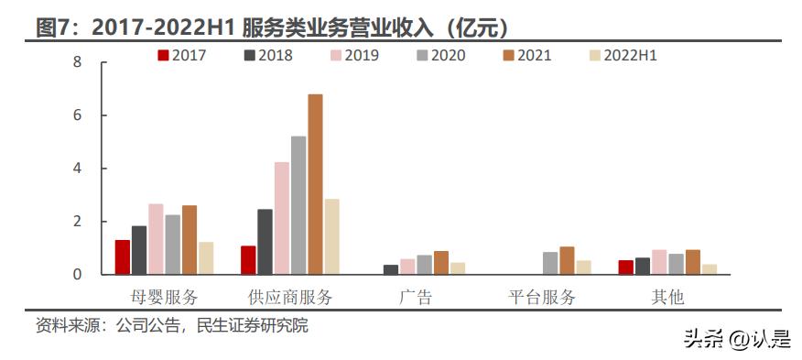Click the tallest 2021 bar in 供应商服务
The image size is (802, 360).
pyautogui.click(x=315, y=183)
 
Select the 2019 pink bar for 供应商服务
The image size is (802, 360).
pyautogui.click(x=281, y=218)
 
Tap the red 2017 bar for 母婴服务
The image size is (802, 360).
pyautogui.click(x=122, y=256)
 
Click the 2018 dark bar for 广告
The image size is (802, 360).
pyautogui.click(x=390, y=269)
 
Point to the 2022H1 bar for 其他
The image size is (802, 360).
pyautogui.click(x=710, y=269)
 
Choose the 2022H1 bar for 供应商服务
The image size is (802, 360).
pyautogui.click(x=331, y=236)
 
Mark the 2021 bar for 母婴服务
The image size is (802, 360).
pyautogui.click(x=190, y=239)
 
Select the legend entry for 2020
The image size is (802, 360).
pyautogui.click(x=440, y=55)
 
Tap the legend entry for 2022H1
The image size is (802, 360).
pyautogui.click(x=624, y=55)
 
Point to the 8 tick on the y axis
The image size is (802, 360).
pyautogui.click(x=77, y=62)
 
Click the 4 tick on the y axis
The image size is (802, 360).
pyautogui.click(x=77, y=169)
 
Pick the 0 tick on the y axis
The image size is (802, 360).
pyautogui.click(x=77, y=275)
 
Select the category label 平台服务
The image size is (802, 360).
pyautogui.click(x=542, y=297)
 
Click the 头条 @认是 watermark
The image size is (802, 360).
pyautogui.click(x=736, y=339)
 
